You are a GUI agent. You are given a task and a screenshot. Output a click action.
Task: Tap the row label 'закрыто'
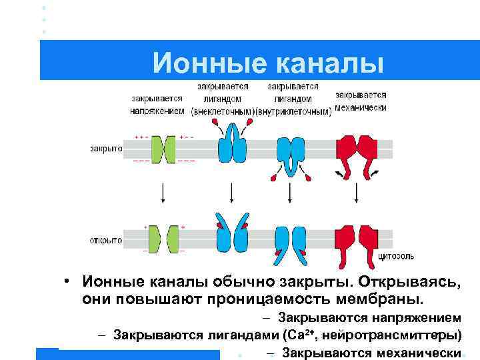pos(106,149)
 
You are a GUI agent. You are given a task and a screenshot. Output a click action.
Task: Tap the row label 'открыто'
pos(106,239)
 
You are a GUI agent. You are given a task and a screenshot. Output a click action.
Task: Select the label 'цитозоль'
pos(397,256)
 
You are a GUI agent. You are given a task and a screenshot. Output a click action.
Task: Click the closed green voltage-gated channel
pos(163,149)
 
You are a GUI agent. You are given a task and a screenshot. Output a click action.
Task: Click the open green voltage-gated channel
pos(163,239)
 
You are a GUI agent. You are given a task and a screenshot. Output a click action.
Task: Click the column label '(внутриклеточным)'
pos(295,111)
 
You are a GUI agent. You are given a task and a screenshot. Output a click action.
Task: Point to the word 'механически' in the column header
pos(361,106)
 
